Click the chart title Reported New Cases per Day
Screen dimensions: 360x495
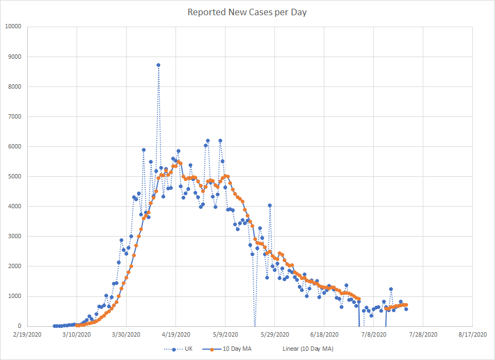247,12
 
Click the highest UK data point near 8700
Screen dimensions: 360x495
158,65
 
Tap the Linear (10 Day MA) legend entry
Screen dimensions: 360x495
309,349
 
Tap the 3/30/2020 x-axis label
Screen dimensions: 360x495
126,335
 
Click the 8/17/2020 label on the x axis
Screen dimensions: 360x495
473,335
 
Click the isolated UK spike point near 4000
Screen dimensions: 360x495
270,206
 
